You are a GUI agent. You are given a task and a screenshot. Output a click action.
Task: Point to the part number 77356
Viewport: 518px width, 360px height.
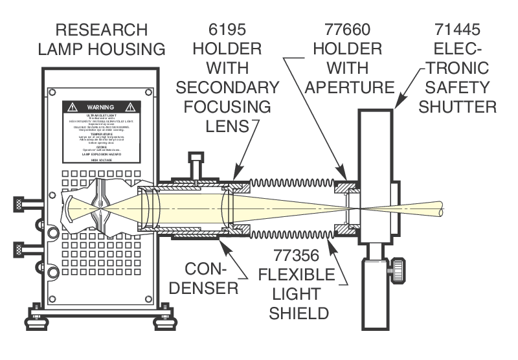tap(297, 256)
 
